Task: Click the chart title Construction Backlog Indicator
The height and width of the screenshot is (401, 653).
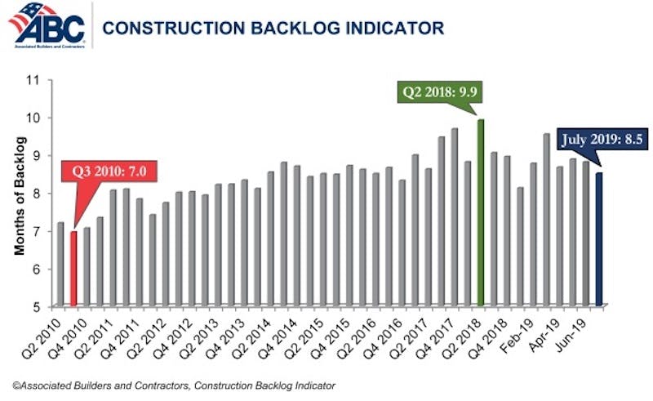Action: tap(273, 29)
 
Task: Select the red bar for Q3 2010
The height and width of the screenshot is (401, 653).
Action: tap(74, 269)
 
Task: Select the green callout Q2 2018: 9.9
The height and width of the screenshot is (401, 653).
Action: tap(437, 90)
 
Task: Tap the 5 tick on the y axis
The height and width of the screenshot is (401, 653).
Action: tap(36, 307)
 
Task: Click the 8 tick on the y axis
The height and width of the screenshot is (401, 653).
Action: tap(36, 194)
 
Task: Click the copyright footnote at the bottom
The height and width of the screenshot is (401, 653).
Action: tap(173, 385)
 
